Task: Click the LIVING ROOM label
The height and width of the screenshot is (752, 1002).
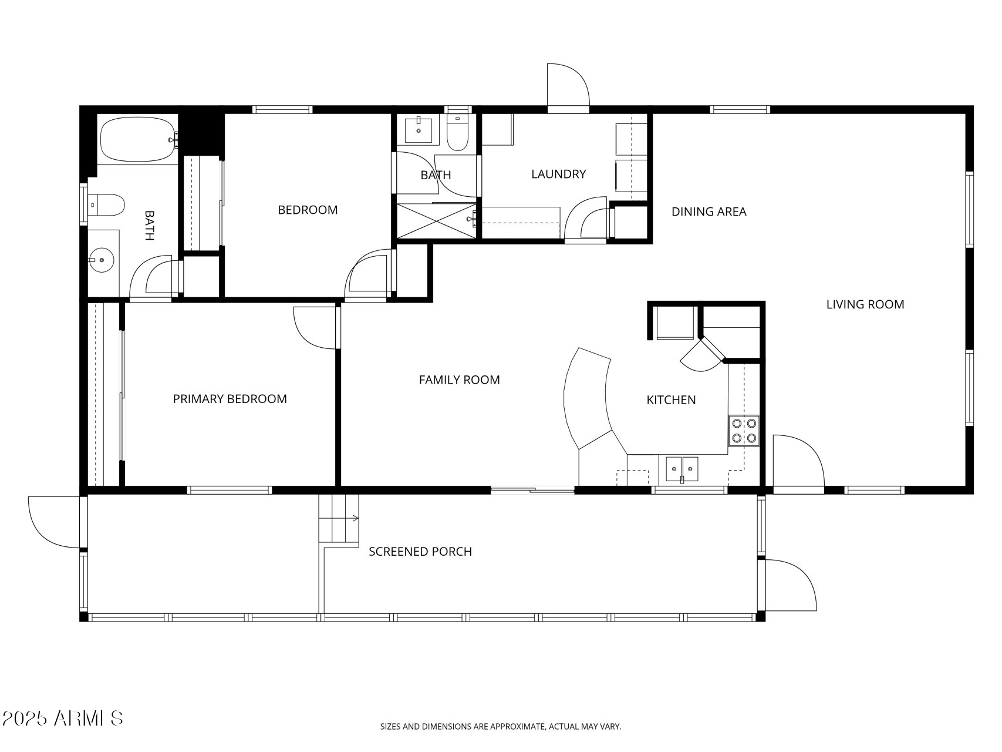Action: click(x=865, y=304)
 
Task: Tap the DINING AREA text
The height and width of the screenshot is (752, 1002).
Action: click(x=709, y=211)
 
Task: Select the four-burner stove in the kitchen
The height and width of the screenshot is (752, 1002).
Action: click(x=744, y=430)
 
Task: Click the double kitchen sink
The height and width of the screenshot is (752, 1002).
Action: click(x=682, y=469)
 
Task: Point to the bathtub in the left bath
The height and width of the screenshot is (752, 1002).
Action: click(x=138, y=139)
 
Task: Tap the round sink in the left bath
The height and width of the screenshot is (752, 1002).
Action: click(x=103, y=259)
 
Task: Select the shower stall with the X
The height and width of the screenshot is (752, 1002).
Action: click(x=436, y=220)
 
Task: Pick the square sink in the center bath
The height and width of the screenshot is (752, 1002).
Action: click(x=419, y=130)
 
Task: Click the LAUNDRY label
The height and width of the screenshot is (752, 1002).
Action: click(x=558, y=174)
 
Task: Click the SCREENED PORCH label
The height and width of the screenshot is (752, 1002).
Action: click(x=420, y=552)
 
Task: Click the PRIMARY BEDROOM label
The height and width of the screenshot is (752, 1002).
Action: click(x=230, y=399)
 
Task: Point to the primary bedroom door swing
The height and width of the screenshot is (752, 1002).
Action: click(x=315, y=328)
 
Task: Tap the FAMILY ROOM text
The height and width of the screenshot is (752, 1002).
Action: click(x=459, y=380)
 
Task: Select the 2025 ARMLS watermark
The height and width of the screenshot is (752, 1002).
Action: click(x=62, y=718)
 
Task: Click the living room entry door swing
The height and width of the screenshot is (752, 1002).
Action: click(x=797, y=461)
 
